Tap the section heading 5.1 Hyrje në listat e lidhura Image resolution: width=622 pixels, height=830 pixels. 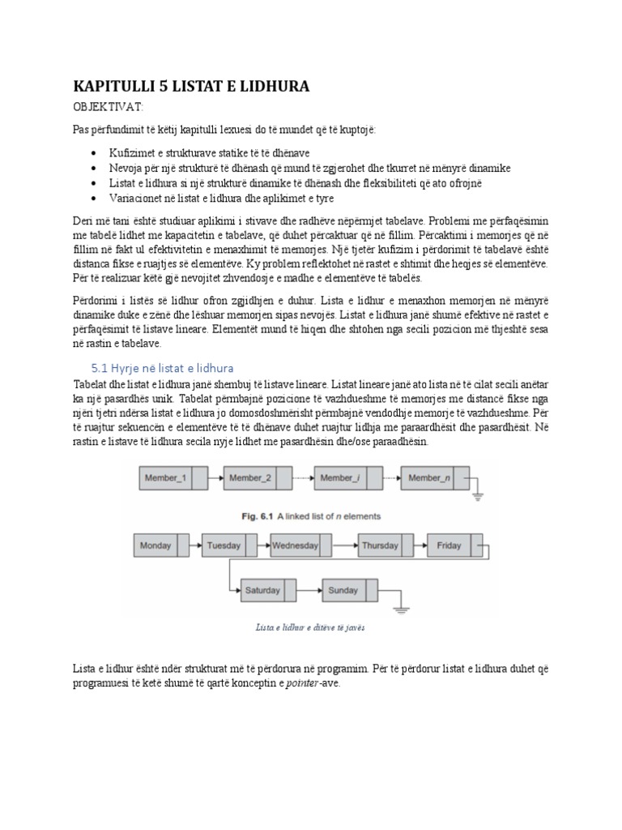162,368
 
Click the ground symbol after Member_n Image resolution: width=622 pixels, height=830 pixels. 477,495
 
